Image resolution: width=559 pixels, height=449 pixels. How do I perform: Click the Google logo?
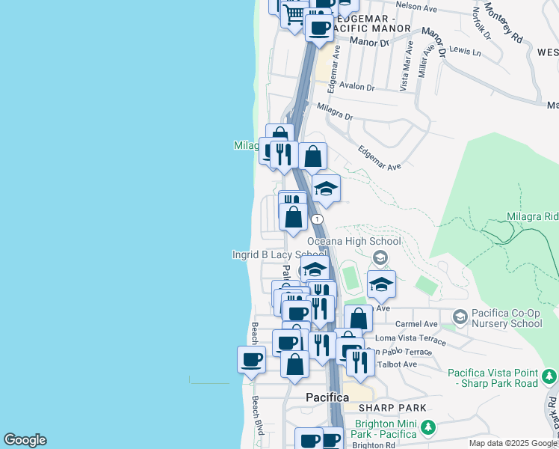pos(25,440)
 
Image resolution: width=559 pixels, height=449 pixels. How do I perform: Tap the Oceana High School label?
pos(353,242)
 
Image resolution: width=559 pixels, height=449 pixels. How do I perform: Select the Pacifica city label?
pos(327,397)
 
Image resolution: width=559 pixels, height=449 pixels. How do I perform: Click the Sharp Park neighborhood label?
pos(392,408)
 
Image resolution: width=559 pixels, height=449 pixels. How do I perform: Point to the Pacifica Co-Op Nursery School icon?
pos(459,317)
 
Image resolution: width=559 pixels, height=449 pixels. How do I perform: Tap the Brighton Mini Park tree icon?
pos(427,428)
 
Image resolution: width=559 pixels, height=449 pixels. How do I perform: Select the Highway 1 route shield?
pos(318,219)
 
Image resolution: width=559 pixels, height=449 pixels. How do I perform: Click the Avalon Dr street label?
pos(356,87)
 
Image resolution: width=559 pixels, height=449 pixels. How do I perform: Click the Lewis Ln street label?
pos(466,51)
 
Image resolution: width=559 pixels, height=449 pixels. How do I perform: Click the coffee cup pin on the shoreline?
pos(251,358)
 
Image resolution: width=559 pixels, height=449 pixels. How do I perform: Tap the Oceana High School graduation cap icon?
pos(380,259)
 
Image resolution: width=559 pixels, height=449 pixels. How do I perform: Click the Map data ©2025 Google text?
pos(512,443)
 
